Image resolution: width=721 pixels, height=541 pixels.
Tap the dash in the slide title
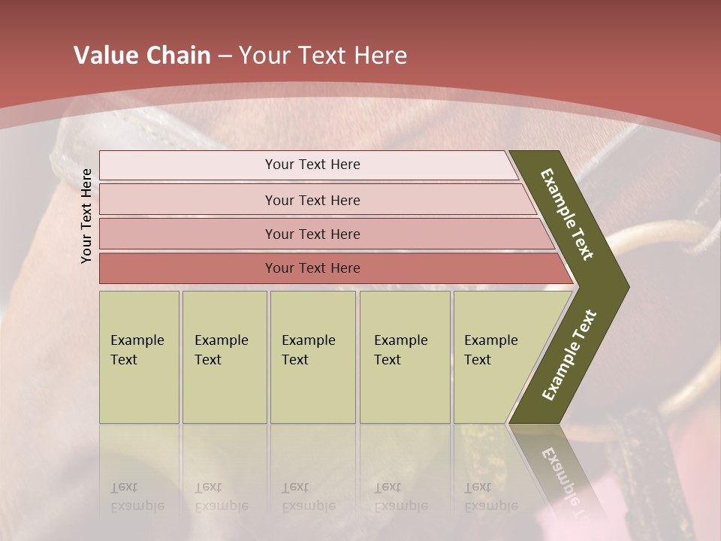pyautogui.click(x=225, y=56)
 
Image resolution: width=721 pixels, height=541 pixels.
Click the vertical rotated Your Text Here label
pyautogui.click(x=86, y=216)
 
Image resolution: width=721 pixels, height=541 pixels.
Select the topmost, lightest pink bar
pyautogui.click(x=312, y=165)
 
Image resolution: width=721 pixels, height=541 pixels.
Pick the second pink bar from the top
pyautogui.click(x=312, y=200)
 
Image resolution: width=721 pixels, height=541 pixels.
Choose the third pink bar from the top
pyautogui.click(x=312, y=234)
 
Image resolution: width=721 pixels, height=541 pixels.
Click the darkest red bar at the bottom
pyautogui.click(x=312, y=268)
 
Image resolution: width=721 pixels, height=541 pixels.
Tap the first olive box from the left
pyautogui.click(x=139, y=356)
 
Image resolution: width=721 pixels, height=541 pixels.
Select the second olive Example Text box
pyautogui.click(x=224, y=356)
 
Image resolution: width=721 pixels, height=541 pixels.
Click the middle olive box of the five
pyautogui.click(x=312, y=356)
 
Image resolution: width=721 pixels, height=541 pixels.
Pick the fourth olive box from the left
pyautogui.click(x=404, y=356)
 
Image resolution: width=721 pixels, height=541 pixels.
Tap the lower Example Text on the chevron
pyautogui.click(x=569, y=355)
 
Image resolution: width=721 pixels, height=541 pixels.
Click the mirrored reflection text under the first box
pyautogui.click(x=137, y=497)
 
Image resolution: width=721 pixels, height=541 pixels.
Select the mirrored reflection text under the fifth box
pyautogui.click(x=490, y=497)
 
